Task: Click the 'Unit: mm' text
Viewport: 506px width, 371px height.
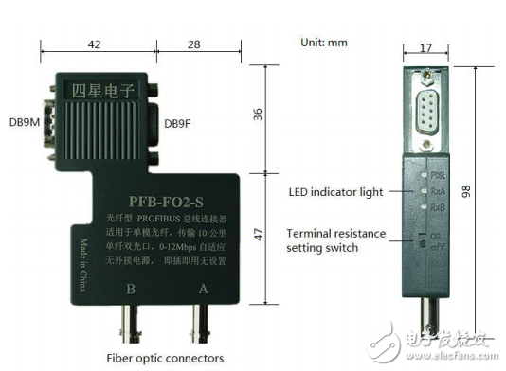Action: (x=323, y=43)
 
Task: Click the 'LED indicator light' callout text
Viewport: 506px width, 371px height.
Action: (x=335, y=191)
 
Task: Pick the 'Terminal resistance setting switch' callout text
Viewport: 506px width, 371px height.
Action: (x=335, y=240)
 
